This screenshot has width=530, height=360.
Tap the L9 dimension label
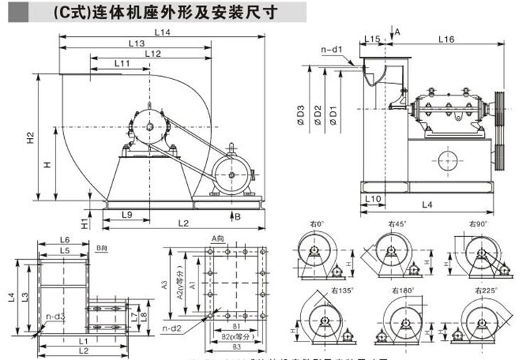127,214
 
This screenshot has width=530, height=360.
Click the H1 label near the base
84,223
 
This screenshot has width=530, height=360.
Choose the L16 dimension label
446,38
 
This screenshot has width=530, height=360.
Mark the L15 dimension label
371,38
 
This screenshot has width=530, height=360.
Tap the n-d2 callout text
170,328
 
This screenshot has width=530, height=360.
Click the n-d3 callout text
56,316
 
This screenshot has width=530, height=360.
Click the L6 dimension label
63,240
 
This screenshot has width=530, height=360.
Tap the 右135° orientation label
342,290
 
